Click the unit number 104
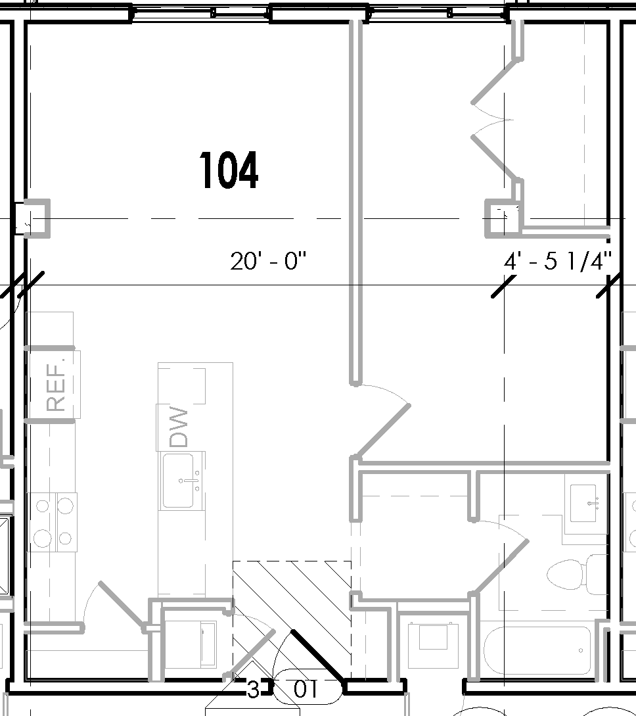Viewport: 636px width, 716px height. (229, 170)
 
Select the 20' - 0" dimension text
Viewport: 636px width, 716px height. (269, 262)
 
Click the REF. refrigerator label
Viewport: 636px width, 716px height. (57, 393)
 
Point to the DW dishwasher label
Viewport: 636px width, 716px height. (179, 427)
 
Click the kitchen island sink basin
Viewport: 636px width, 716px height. (178, 481)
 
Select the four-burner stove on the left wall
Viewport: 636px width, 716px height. (52, 522)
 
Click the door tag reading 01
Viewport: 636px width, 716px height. (307, 690)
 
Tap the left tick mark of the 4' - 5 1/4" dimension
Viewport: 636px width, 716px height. (503, 286)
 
